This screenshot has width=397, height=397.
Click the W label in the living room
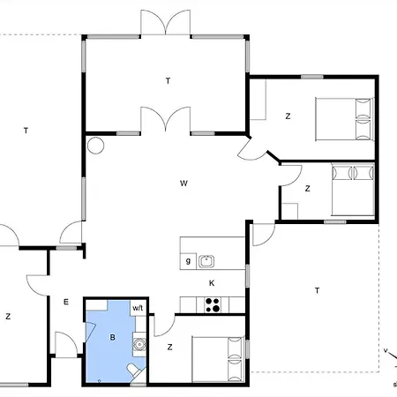[184, 184]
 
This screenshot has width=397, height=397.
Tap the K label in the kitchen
[212, 283]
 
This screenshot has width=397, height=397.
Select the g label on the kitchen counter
[188, 261]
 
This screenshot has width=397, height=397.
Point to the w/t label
[139, 308]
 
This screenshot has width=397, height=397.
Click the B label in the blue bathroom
[112, 337]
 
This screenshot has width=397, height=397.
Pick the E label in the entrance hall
[65, 302]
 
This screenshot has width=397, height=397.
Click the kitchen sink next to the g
[207, 260]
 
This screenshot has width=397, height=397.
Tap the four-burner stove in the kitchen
[212, 304]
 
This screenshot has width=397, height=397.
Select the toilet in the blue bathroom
[134, 369]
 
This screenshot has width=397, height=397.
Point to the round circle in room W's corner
[95, 145]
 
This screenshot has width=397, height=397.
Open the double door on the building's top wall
[166, 24]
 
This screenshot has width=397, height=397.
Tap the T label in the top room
[167, 81]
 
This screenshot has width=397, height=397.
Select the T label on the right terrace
[317, 290]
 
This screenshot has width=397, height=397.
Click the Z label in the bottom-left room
[8, 316]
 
